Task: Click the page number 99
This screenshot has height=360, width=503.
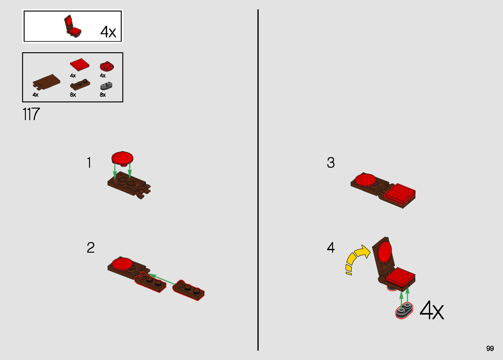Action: click(490, 348)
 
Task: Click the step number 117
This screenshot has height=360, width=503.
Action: click(31, 114)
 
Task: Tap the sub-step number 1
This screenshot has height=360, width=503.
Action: click(89, 162)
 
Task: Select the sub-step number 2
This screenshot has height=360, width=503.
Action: click(91, 248)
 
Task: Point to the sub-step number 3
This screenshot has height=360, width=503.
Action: click(331, 162)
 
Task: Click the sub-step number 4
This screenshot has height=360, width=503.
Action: click(331, 248)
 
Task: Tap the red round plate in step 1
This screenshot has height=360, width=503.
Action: click(122, 158)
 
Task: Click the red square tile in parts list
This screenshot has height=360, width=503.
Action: click(80, 65)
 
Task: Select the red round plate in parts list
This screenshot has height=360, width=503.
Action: click(107, 66)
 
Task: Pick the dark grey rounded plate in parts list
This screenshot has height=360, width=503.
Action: click(106, 86)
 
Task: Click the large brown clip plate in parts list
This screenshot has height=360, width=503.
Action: click(47, 82)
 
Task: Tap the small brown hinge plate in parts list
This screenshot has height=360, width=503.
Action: click(80, 84)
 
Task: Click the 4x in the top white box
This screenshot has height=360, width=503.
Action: click(108, 32)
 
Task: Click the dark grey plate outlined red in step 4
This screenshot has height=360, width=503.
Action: click(404, 311)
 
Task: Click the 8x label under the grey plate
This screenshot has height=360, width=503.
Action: click(103, 95)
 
